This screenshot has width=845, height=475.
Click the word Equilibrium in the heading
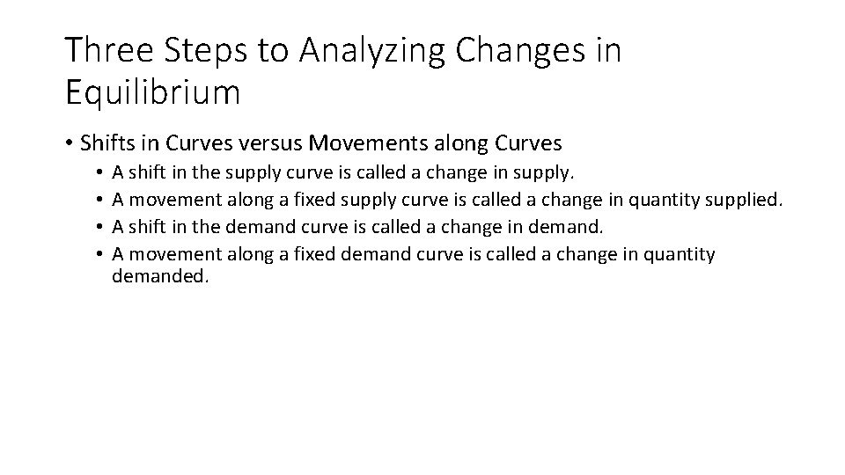coord(151,92)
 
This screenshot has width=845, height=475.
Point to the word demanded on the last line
coord(161,277)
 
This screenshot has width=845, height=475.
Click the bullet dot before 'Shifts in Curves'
coord(70,142)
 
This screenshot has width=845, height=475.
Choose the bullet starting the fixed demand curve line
coord(102,255)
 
